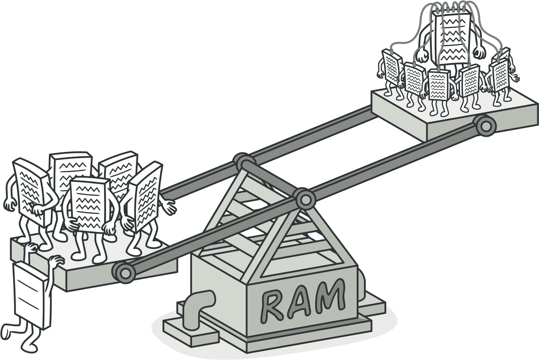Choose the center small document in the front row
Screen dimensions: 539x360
point(439,84)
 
